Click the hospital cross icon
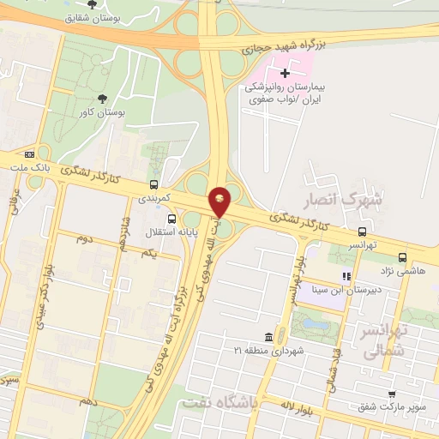pos(286,73)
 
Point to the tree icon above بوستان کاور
pos(102,99)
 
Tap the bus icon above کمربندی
pos(153,183)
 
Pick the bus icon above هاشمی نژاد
pos(403,256)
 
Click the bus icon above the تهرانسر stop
pos(364,231)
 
